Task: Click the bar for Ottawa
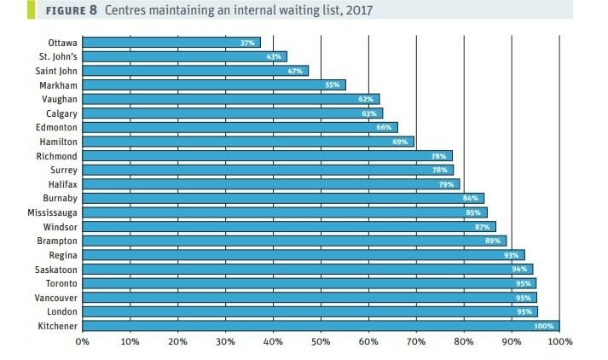(x=171, y=42)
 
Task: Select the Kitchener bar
(x=321, y=325)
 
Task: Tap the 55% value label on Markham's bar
(x=333, y=84)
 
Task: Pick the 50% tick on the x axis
(x=321, y=343)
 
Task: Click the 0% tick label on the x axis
(x=82, y=343)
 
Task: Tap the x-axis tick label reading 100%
(x=559, y=343)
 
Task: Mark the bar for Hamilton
(x=247, y=141)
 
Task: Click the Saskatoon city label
(x=52, y=269)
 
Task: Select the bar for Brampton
(x=294, y=241)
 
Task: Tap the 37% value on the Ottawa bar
(x=248, y=42)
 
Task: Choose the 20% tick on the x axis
(x=177, y=343)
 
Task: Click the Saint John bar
(x=195, y=70)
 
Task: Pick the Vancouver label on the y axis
(x=52, y=297)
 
